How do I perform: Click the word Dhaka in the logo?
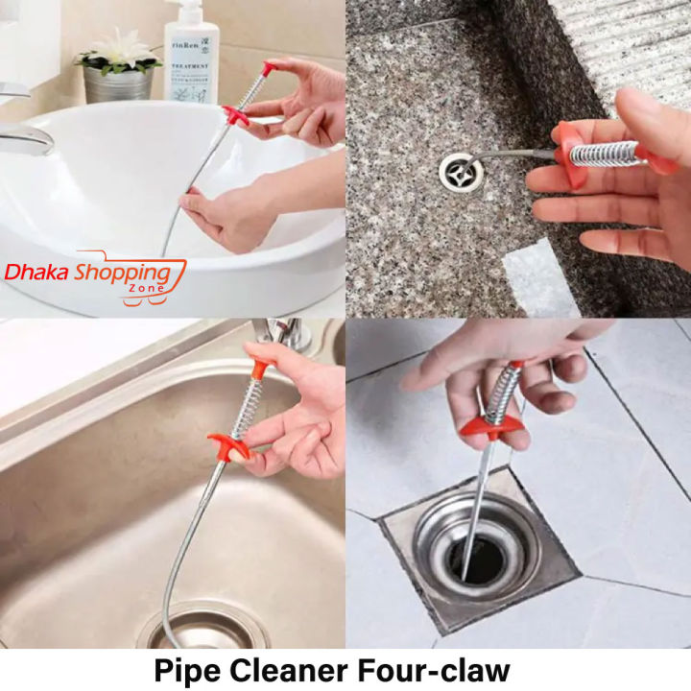pos(37,272)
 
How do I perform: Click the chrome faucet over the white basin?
pos(23,134)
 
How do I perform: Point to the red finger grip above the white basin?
pos(235,114)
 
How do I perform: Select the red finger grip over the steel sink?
pos(228,446)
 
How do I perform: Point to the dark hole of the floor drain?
pos(480,560)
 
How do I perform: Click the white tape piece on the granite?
pos(542,278)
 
